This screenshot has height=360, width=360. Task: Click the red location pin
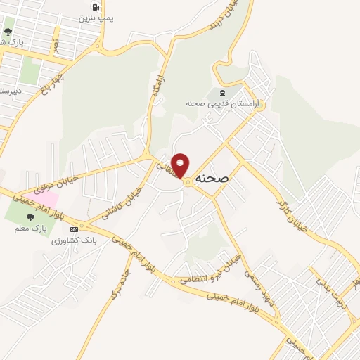181,165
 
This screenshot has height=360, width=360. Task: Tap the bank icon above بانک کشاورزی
73,229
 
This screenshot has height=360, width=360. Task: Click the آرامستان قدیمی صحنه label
222,104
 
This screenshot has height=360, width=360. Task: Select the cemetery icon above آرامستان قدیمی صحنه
223,93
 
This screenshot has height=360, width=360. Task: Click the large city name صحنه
213,179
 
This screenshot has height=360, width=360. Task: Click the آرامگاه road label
159,88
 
